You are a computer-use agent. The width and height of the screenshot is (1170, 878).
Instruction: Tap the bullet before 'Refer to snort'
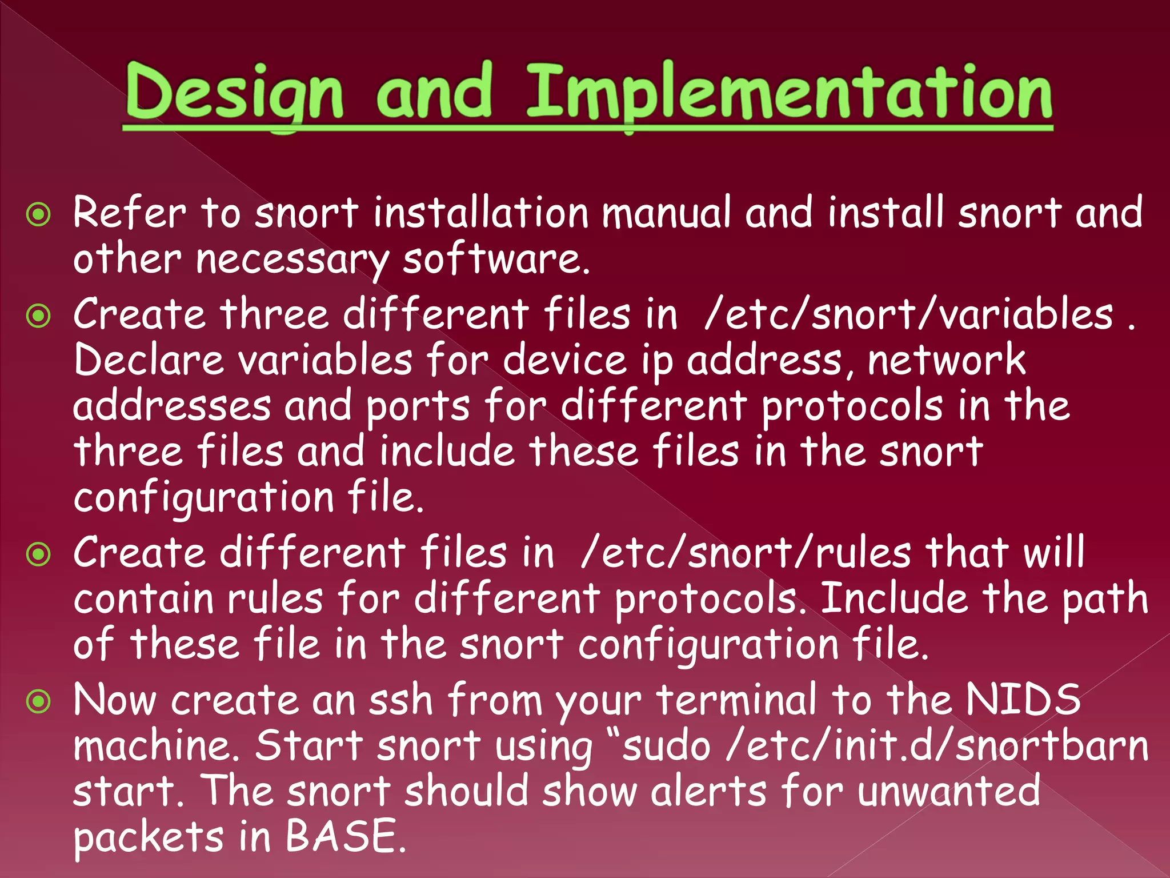coord(39,215)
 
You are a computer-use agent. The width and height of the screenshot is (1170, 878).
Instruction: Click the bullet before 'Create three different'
coord(39,316)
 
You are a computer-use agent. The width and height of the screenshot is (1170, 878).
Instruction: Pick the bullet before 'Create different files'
coord(39,554)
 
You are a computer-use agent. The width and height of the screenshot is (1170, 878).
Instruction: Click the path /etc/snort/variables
coord(908,314)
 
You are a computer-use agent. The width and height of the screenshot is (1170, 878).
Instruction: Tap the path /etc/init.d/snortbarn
coord(937,746)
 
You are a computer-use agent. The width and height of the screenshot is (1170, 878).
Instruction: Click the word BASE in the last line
coord(341,836)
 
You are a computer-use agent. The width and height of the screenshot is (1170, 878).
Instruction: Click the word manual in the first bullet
coord(666,213)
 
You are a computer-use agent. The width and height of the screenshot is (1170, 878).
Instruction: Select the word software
coord(495,260)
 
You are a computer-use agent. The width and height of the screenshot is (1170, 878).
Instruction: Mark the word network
coord(946,360)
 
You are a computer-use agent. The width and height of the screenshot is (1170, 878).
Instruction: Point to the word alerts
coord(708,791)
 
